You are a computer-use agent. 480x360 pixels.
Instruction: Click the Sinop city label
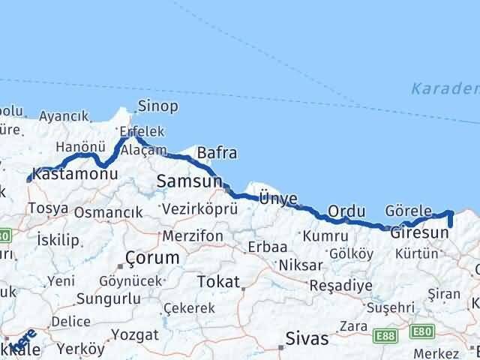159,106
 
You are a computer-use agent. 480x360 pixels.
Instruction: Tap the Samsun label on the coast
190,181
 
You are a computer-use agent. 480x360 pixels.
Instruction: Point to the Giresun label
419,232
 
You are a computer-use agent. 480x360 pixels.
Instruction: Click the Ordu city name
346,211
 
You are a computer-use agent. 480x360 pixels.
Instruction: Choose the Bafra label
217,153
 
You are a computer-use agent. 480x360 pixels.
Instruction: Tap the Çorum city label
153,257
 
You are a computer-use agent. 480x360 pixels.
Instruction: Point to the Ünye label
278,199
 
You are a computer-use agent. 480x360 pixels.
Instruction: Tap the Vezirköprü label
189,209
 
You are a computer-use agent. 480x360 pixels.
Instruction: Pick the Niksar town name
300,265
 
